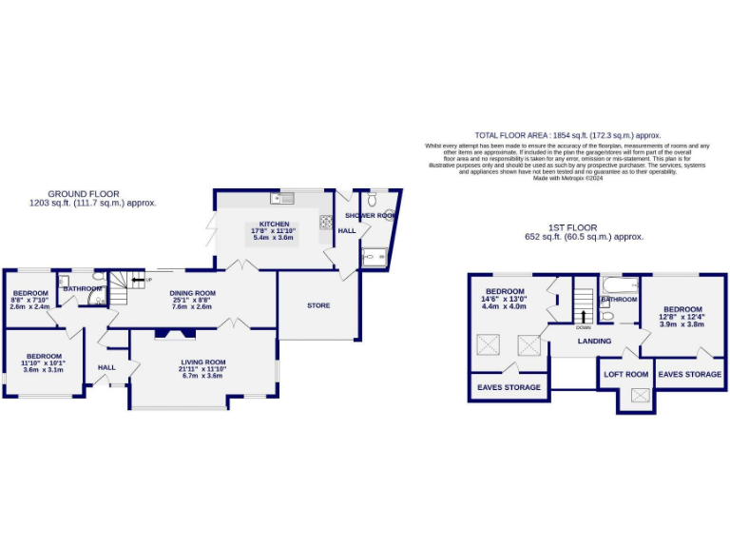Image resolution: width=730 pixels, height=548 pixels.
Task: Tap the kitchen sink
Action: point(284,199)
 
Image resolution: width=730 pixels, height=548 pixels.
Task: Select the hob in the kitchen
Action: point(325,223)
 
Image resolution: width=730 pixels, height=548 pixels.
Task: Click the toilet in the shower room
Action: point(373,200)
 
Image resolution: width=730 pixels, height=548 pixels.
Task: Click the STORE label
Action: point(318,305)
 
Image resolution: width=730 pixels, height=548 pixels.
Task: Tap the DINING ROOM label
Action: point(192,293)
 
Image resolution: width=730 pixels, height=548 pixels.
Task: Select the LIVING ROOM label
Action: point(202,362)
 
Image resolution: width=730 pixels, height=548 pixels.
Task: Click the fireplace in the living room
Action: point(175,333)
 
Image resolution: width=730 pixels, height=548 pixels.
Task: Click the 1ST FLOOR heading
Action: point(573,228)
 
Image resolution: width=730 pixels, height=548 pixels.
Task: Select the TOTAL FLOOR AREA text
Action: point(567,136)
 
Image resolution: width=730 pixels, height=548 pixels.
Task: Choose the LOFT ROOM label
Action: point(626,374)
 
